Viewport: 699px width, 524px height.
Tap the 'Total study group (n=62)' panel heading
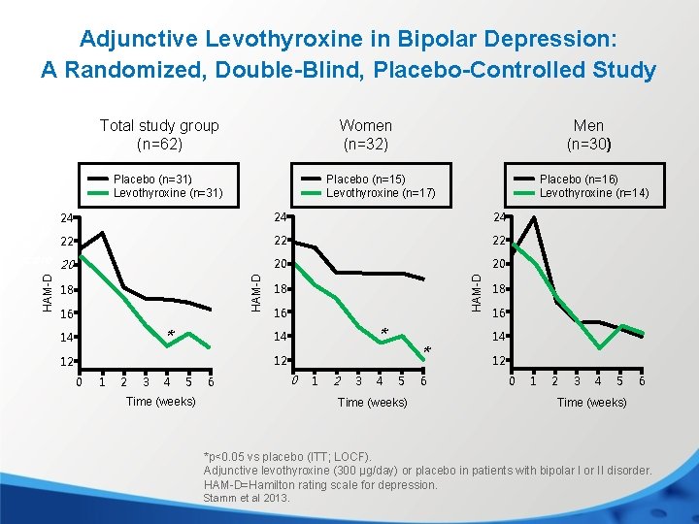(159, 135)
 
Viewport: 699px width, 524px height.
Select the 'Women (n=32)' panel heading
(365, 135)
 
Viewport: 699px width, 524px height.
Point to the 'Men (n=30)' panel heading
(588, 135)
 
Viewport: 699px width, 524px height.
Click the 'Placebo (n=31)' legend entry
(152, 179)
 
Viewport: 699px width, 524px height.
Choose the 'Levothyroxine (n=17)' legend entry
(381, 193)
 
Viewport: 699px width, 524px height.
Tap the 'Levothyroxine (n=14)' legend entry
(594, 193)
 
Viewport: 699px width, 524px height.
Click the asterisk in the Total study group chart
(171, 336)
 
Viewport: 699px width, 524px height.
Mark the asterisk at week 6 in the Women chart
(428, 351)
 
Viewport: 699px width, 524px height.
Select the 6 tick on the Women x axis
(423, 380)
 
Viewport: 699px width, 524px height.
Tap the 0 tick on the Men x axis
(513, 380)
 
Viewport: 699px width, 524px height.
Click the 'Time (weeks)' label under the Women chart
(372, 402)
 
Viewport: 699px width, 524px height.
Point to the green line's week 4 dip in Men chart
(599, 347)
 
